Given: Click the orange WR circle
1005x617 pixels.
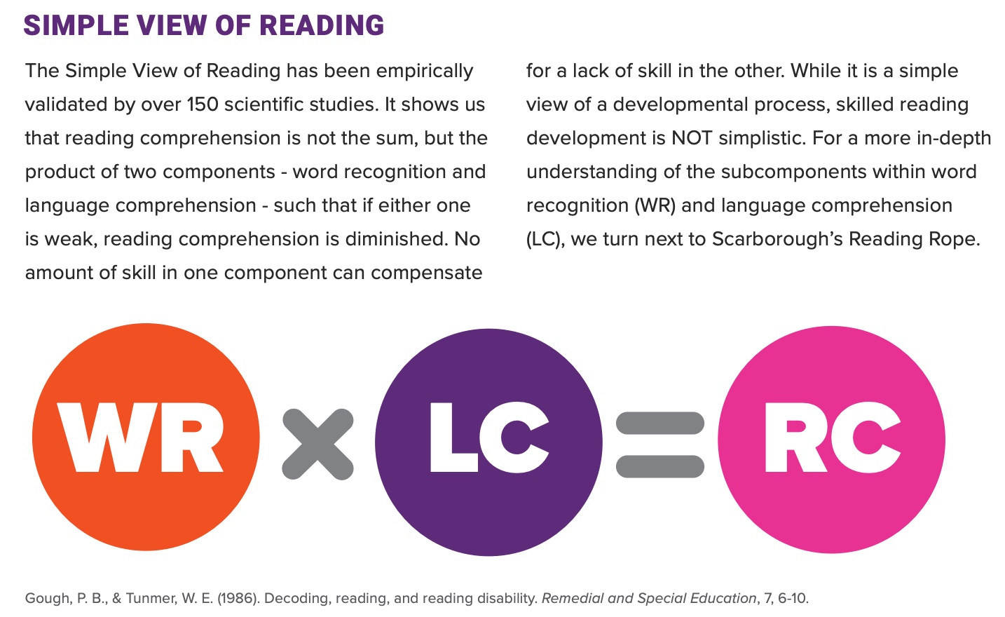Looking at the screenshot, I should [146, 438].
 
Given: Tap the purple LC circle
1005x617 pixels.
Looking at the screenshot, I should [488, 442].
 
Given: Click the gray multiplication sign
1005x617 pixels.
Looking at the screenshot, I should [317, 445].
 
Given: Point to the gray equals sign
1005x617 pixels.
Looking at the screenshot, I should [659, 445].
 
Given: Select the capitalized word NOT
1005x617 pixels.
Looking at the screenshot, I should [692, 138].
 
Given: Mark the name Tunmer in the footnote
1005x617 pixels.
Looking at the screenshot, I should [150, 599].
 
